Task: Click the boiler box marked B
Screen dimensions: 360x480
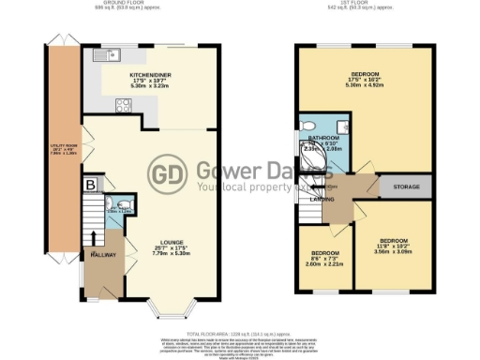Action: click(x=91, y=186)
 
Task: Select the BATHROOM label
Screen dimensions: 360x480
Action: click(x=322, y=137)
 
